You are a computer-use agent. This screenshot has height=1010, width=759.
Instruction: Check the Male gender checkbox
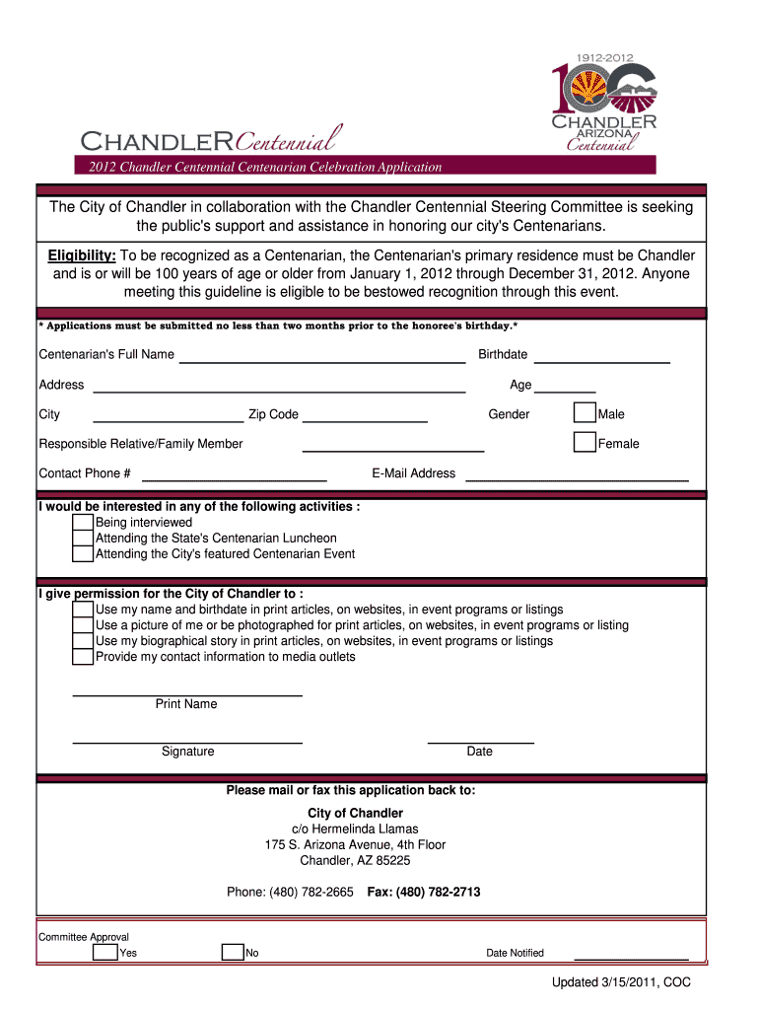[x=585, y=413]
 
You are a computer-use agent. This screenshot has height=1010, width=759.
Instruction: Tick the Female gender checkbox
[x=585, y=443]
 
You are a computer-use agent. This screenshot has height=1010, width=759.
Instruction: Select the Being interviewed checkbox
[x=84, y=523]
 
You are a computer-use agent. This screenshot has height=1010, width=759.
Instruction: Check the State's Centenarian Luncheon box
[x=84, y=539]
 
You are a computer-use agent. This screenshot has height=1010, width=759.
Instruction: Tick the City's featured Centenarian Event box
[x=84, y=554]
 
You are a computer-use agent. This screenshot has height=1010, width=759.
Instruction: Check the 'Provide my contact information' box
[x=84, y=657]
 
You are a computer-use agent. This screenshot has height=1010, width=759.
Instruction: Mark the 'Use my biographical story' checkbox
[x=84, y=641]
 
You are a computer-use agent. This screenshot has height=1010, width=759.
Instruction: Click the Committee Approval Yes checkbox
[x=104, y=953]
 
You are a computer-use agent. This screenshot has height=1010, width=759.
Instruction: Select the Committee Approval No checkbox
[x=233, y=953]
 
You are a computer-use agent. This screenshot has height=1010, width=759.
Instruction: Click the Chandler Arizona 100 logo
[x=603, y=102]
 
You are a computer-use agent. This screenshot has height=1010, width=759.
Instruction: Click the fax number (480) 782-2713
[x=424, y=892]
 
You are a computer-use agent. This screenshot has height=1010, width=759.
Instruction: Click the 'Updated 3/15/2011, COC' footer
[x=621, y=982]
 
